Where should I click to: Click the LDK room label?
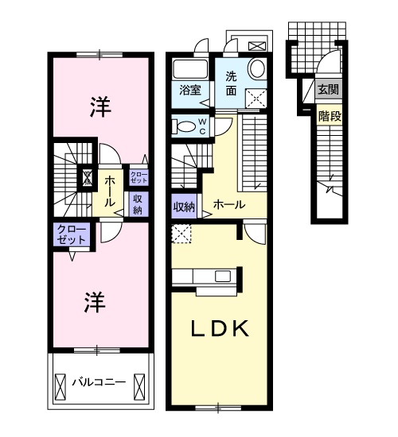(x=220, y=329)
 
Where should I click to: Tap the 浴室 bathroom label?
(x=190, y=90)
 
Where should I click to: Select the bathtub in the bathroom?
(x=190, y=69)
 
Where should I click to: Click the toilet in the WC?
(x=184, y=126)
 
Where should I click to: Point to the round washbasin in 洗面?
(x=257, y=68)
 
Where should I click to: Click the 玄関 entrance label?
(x=329, y=90)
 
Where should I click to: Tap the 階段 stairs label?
(x=330, y=117)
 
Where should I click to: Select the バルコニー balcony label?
(x=99, y=382)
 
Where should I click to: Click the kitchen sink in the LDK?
(x=222, y=277)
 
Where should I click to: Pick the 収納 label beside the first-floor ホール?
(x=184, y=207)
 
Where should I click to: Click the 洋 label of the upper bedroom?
(x=100, y=106)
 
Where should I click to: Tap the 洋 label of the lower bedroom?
(x=95, y=302)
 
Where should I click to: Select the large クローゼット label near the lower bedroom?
(x=72, y=235)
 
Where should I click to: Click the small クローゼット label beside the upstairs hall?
(x=139, y=177)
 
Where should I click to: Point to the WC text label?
(x=202, y=126)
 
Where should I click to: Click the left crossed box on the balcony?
(x=60, y=387)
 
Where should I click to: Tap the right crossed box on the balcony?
(x=139, y=387)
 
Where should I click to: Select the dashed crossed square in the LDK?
(x=181, y=234)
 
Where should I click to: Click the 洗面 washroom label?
(x=232, y=83)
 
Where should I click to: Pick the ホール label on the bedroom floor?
(x=110, y=192)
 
